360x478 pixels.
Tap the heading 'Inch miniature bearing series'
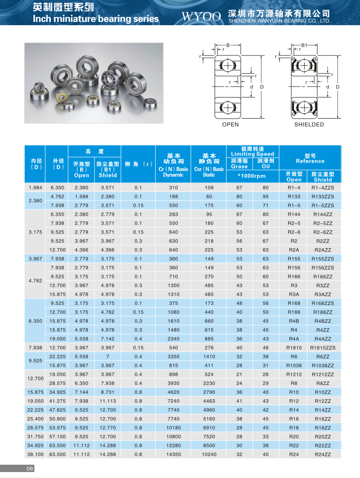click(x=96, y=19)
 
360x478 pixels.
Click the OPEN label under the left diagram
click(x=230, y=125)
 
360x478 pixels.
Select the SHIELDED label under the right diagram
click(x=309, y=125)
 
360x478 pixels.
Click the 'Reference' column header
click(x=310, y=161)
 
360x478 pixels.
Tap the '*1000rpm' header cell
click(x=252, y=176)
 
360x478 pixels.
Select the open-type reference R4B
click(x=294, y=320)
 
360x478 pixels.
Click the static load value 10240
click(x=209, y=454)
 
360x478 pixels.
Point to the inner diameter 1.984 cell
click(x=35, y=188)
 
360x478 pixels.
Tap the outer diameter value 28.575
click(x=57, y=383)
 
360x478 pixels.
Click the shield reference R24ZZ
click(x=323, y=454)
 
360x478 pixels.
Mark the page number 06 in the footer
click(x=30, y=468)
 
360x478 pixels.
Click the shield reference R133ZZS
click(x=323, y=196)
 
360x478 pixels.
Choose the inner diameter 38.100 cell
click(x=35, y=454)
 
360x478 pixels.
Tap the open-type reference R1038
click(x=294, y=365)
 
